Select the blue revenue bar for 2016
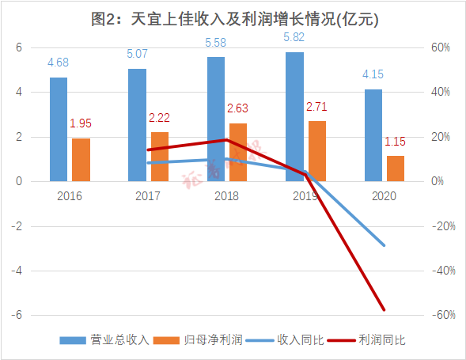coord(59,129)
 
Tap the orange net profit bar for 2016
coord(81,160)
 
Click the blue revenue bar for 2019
coord(294,116)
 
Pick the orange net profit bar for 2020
coord(396,169)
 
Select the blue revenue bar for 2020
coord(373,135)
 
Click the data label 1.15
coord(396,142)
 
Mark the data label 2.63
coord(238,108)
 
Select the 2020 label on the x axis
coord(384,195)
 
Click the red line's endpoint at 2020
coord(385,309)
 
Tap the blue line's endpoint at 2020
coord(385,245)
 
